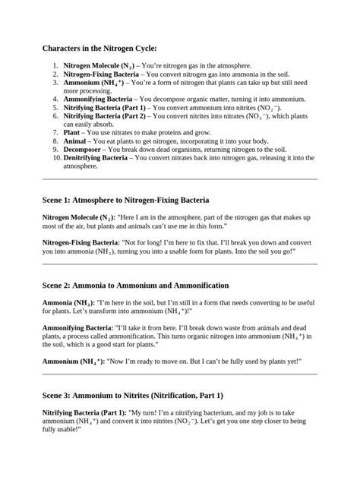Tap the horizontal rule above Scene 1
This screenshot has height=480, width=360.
point(180,179)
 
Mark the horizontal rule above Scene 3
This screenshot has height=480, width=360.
point(180,374)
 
